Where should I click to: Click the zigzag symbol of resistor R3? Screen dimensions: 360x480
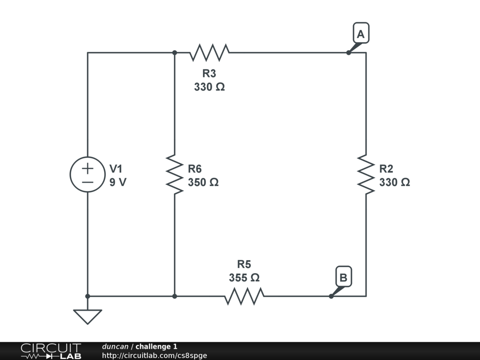point(209,52)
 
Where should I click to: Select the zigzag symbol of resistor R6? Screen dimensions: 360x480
point(174,174)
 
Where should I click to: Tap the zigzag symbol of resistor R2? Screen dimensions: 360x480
point(366,174)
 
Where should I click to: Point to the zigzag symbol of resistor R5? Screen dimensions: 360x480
point(244,296)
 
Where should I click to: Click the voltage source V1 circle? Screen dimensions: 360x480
point(88,174)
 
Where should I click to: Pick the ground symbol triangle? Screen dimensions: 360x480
point(88,316)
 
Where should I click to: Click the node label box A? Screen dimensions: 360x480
point(360,34)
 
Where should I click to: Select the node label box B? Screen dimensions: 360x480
point(343,277)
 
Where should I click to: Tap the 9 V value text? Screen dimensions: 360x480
point(118,182)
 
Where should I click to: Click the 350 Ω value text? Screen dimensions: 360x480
point(203,182)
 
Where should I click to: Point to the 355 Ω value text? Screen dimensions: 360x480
point(244,277)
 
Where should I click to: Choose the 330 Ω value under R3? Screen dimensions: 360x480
point(209,87)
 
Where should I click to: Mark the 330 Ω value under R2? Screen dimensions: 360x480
point(394,182)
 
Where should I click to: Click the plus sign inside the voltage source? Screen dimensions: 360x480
point(88,168)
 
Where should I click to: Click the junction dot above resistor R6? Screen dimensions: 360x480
point(174,52)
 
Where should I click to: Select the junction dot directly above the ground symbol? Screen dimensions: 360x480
point(88,296)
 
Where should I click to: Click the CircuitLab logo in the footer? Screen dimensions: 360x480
point(51,351)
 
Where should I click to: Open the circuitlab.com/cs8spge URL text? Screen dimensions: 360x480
point(154,355)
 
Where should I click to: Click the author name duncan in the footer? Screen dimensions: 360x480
point(115,346)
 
